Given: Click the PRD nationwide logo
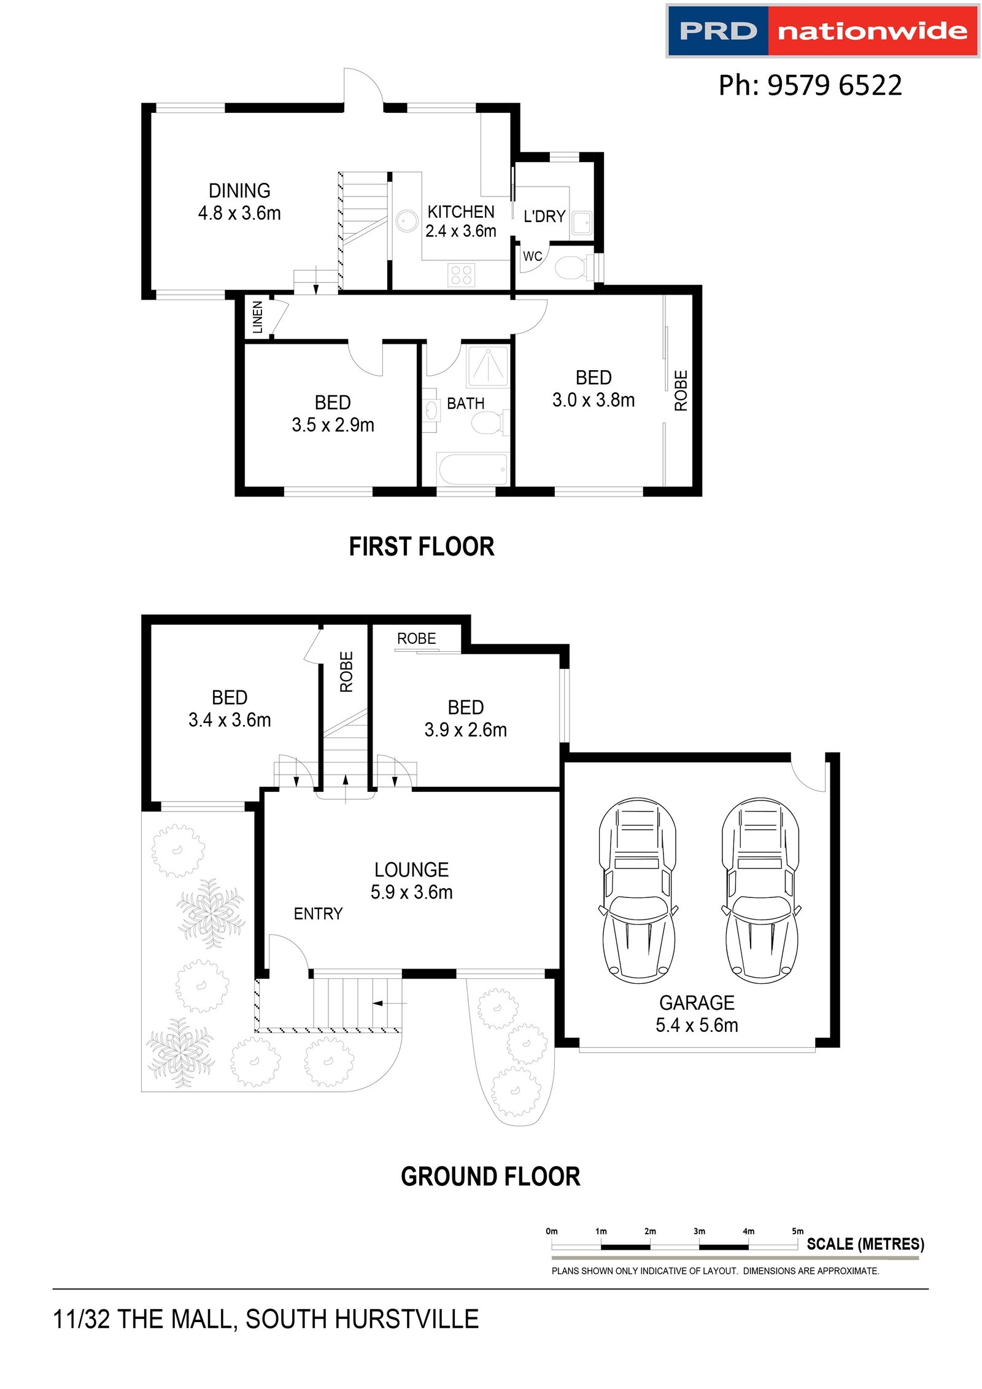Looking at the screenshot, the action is tap(822, 31).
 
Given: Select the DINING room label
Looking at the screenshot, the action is tap(239, 191).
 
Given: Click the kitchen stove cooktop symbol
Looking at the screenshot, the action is tap(462, 274).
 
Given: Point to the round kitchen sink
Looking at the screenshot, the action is tap(406, 220).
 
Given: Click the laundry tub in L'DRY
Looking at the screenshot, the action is tap(582, 223).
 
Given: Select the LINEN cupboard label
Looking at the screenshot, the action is tap(258, 317).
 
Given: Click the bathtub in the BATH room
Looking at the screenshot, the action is tap(473, 470).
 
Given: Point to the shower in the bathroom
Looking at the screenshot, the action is tap(489, 366).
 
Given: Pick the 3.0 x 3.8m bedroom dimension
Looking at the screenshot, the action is tap(593, 400).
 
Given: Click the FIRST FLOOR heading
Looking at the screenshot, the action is tap(422, 547).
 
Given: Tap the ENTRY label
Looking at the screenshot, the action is tap(318, 914).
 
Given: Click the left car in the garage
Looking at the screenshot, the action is tap(638, 890).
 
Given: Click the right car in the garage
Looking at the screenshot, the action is tap(760, 890).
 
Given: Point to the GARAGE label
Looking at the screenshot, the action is tap(697, 1003).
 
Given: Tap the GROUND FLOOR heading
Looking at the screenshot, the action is tap(490, 1177).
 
